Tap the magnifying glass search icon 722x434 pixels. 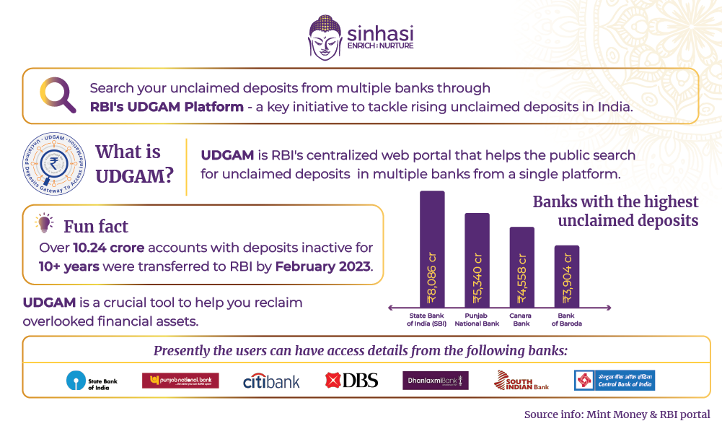pyautogui.click(x=58, y=95)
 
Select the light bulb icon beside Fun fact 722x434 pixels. pyautogui.click(x=45, y=223)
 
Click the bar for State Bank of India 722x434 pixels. pyautogui.click(x=432, y=248)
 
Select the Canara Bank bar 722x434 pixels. pyautogui.click(x=521, y=266)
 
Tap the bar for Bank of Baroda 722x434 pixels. pyautogui.click(x=566, y=276)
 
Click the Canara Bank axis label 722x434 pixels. pyautogui.click(x=521, y=319)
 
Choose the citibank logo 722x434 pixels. pyautogui.click(x=271, y=381)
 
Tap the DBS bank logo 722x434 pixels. pyautogui.click(x=351, y=381)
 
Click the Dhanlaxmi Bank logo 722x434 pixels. pyautogui.click(x=435, y=381)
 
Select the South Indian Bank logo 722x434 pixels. pyautogui.click(x=521, y=381)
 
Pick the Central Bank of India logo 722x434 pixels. pyautogui.click(x=614, y=381)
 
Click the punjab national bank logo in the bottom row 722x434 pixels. pyautogui.click(x=180, y=381)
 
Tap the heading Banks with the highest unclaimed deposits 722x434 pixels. pyautogui.click(x=615, y=211)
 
